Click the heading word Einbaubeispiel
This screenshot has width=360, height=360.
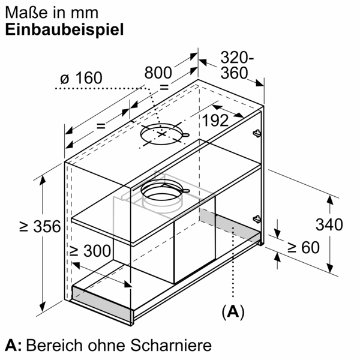coord(65,30)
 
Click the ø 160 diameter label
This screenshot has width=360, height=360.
coord(82,79)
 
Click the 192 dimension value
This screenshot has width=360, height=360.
coord(215,120)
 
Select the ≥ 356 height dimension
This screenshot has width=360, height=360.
coord(39,227)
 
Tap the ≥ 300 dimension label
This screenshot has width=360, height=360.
coord(89,251)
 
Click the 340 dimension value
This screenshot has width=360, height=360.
coord(329,225)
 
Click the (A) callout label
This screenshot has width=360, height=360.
coord(233,311)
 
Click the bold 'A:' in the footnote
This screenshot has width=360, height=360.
coord(13,346)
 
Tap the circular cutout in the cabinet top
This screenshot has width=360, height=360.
coord(161,136)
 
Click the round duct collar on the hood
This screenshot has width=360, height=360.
coord(162,193)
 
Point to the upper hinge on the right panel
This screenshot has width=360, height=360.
coord(257,132)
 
